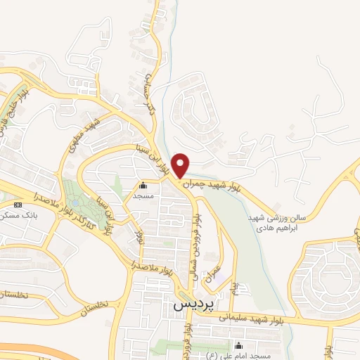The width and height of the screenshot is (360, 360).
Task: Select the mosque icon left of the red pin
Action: [x=143, y=186]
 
